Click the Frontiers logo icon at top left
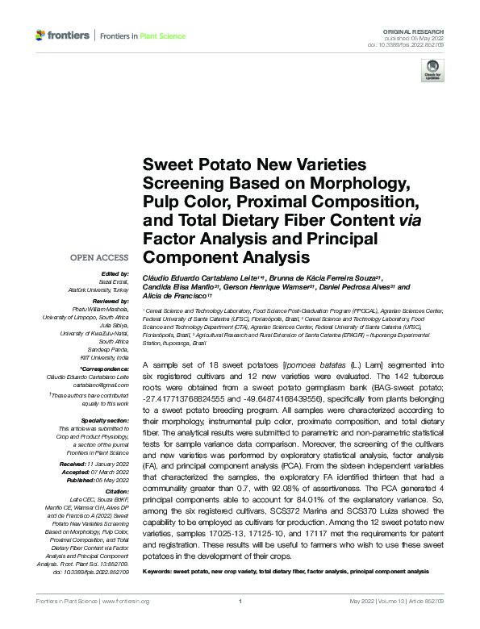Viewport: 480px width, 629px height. [x=41, y=35]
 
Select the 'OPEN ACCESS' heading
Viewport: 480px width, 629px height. [x=99, y=258]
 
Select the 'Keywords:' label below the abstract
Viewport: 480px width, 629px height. [x=161, y=571]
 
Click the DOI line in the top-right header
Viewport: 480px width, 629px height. [x=419, y=44]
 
